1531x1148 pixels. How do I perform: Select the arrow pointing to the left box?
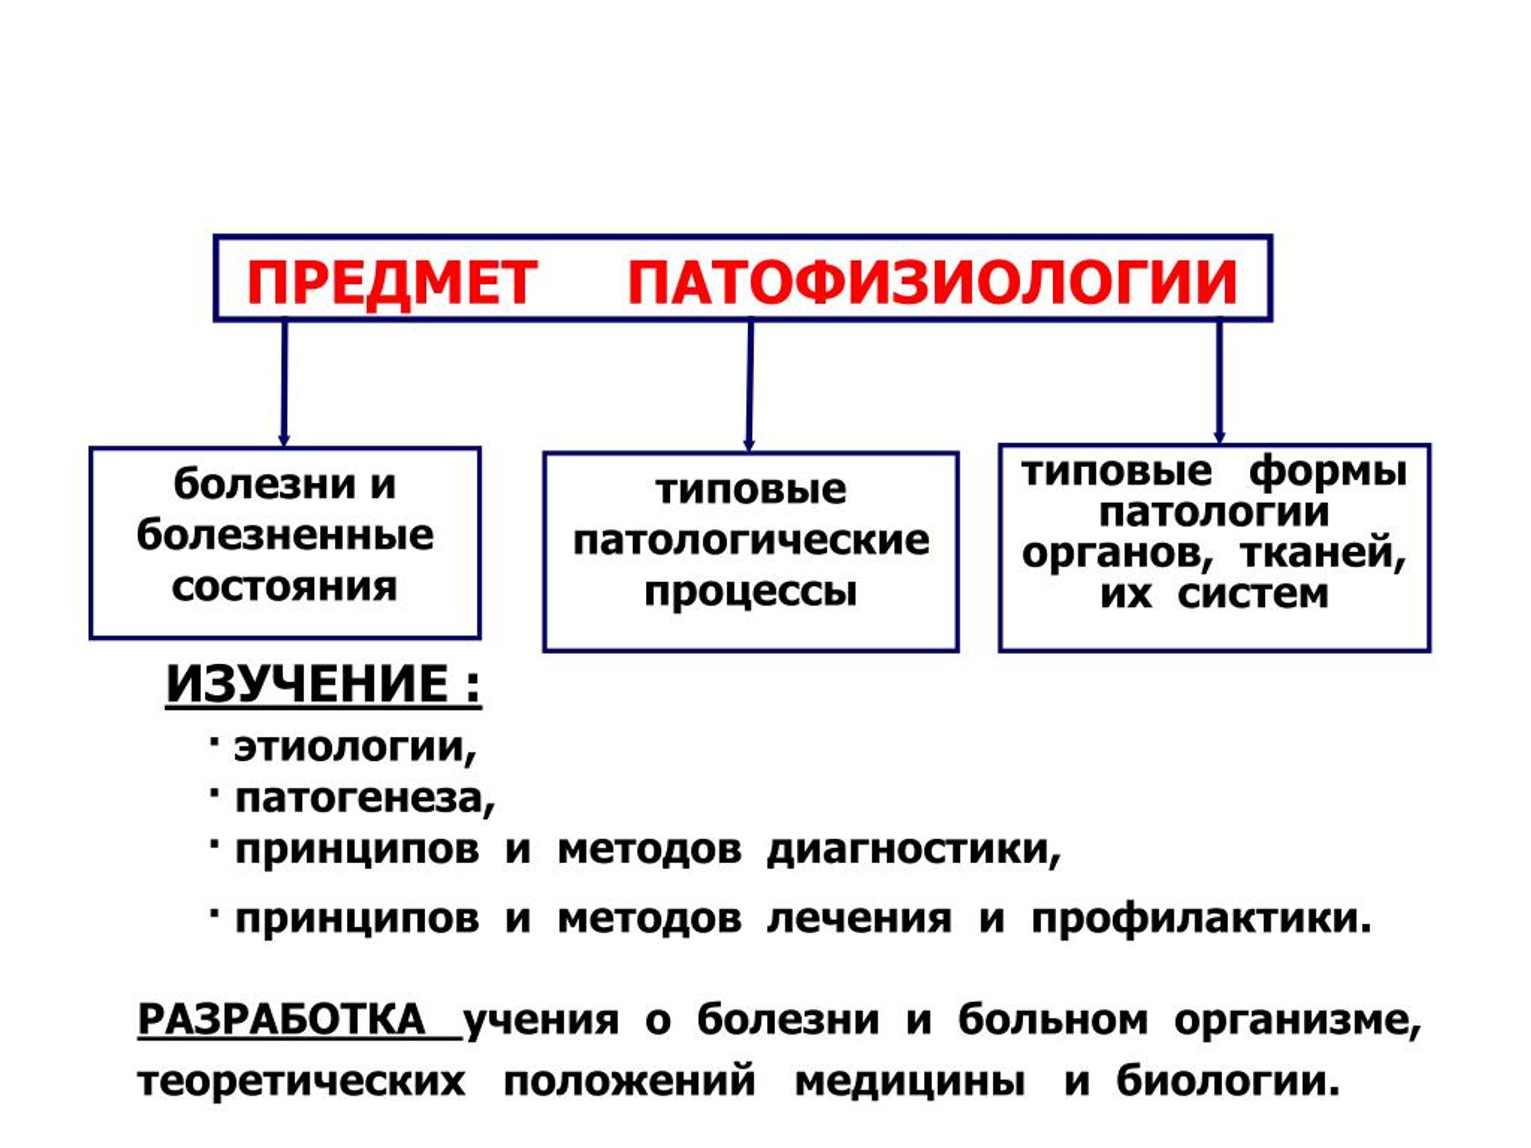point(284,383)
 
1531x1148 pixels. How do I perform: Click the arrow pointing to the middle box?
point(749,386)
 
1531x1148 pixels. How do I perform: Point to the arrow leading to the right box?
point(1219,381)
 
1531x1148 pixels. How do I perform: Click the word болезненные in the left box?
point(285,535)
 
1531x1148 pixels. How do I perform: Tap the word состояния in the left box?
point(285,587)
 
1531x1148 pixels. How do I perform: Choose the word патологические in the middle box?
point(751,541)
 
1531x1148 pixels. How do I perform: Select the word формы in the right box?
point(1328,472)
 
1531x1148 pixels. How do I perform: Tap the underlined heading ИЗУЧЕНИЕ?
point(323,685)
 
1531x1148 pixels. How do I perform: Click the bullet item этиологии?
point(355,747)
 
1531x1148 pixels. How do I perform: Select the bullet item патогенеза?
point(365,799)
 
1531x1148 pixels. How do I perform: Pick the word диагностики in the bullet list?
point(914,850)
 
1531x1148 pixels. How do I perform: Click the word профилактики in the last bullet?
point(1201,918)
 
